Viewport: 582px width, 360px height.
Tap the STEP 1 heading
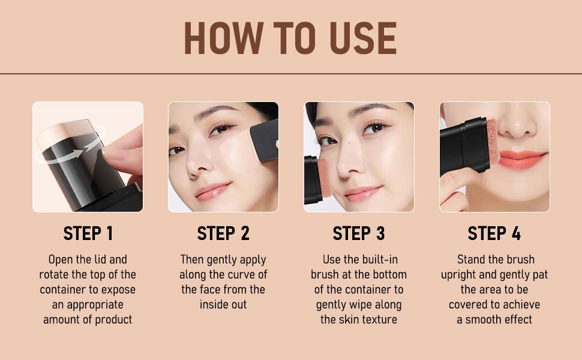[x=88, y=233]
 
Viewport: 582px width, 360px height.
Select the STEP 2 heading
[x=223, y=233]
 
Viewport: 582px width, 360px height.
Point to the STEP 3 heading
[x=359, y=233]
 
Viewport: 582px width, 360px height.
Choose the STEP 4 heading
[x=494, y=233]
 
